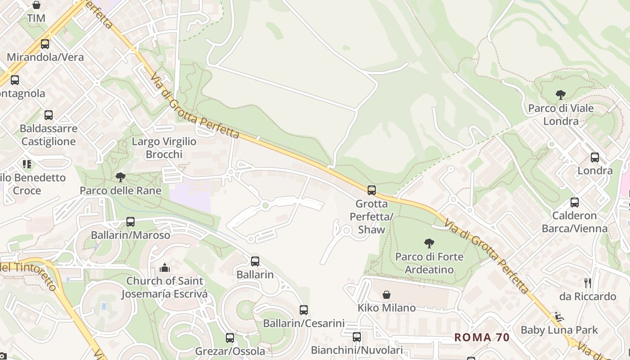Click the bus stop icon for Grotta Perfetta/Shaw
(x=372, y=190)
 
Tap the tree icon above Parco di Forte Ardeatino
(x=429, y=243)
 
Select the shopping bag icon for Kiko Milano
(x=387, y=295)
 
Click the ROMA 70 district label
(x=481, y=337)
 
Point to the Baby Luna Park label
(x=559, y=330)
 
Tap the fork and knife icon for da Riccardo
(x=587, y=283)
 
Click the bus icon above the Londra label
(x=595, y=157)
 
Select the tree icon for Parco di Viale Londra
(x=561, y=95)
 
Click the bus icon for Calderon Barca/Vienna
(x=575, y=202)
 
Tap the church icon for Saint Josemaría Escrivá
(x=165, y=268)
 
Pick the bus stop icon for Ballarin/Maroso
(x=130, y=221)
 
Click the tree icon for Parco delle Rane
(x=120, y=177)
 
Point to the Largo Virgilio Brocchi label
(x=164, y=148)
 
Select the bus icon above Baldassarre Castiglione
(x=49, y=115)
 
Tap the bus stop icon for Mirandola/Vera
(x=45, y=44)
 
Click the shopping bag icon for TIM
(x=36, y=5)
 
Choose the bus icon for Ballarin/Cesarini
(x=304, y=310)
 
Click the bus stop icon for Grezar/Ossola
(x=230, y=337)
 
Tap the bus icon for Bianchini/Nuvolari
(x=357, y=337)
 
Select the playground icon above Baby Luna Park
(x=559, y=317)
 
